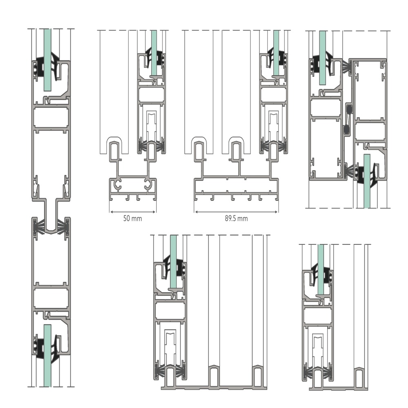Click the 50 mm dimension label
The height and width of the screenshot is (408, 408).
point(133,218)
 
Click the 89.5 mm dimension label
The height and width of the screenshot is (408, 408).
point(236,218)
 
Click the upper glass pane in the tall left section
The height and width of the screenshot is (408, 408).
point(47,60)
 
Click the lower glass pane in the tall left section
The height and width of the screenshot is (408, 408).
point(47,355)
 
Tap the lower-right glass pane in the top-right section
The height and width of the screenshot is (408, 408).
point(367,181)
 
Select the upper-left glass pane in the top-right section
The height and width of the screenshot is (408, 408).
point(322,58)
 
